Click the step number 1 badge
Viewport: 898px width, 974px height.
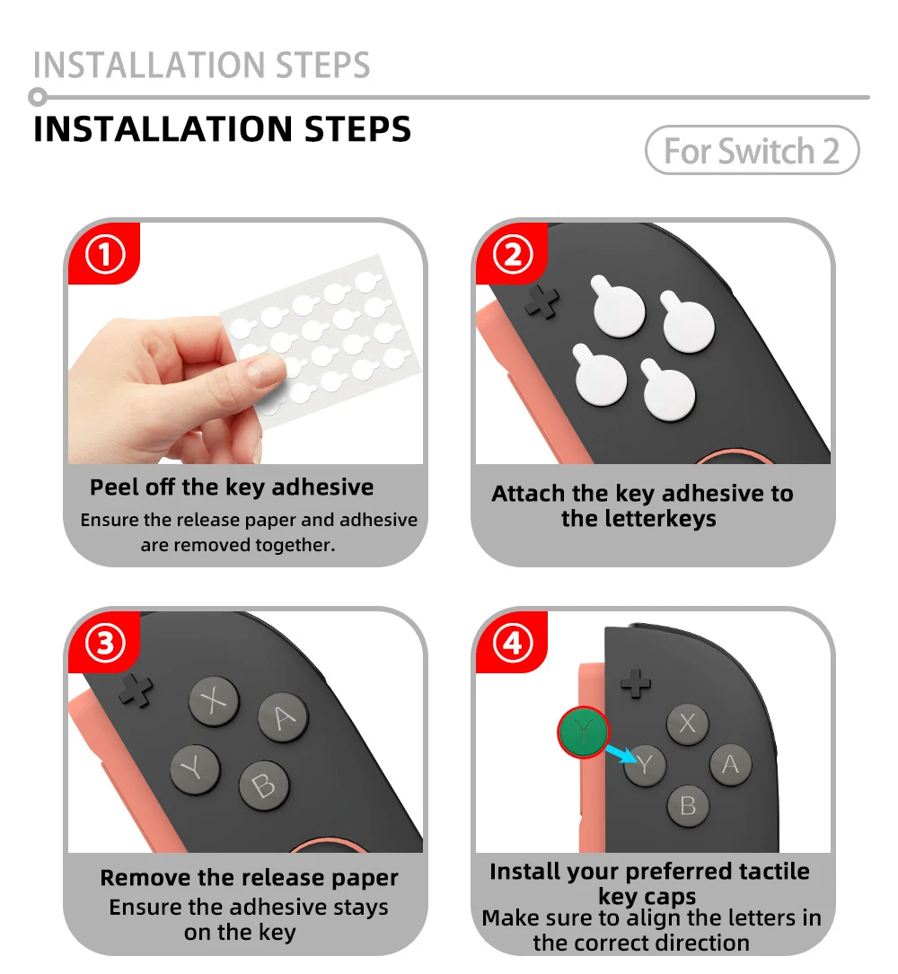point(105,257)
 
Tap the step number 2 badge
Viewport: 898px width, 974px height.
point(513,257)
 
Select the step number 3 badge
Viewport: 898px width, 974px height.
point(105,645)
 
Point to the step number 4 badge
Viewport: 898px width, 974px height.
point(513,645)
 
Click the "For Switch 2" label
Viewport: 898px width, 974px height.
point(752,151)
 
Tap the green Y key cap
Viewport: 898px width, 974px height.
point(583,733)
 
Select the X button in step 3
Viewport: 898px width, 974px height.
point(214,701)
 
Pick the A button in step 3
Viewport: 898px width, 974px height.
point(283,717)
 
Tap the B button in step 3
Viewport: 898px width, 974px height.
point(263,785)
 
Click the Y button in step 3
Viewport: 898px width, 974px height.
point(195,768)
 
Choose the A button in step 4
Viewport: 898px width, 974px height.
point(730,765)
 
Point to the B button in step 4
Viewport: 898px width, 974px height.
point(688,805)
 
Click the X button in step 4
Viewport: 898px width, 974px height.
point(688,724)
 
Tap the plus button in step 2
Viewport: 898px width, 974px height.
point(541,303)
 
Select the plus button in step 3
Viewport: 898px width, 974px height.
point(136,689)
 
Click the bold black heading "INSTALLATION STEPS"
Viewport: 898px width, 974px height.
point(222,129)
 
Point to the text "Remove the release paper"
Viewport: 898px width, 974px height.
point(249,878)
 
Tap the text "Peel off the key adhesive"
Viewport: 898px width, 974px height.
point(232,487)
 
